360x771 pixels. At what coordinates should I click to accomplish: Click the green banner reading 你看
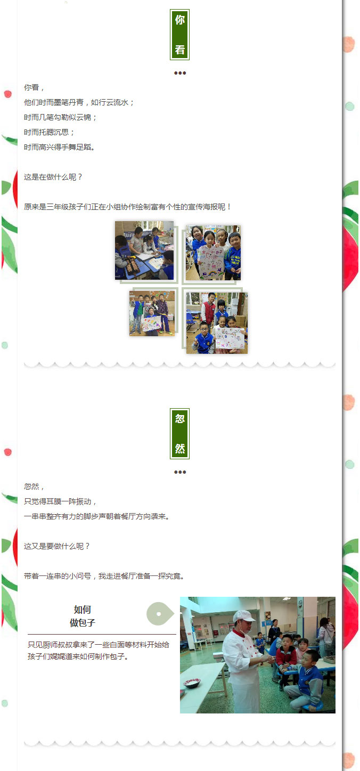(179, 35)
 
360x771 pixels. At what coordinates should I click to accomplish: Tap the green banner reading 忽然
(179, 434)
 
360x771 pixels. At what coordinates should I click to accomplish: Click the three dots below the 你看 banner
(180, 73)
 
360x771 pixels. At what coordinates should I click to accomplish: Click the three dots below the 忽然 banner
(180, 472)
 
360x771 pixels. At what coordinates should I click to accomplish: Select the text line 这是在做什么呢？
(53, 177)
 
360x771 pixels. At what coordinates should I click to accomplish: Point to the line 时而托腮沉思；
(49, 132)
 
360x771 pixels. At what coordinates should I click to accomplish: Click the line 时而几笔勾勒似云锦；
(61, 117)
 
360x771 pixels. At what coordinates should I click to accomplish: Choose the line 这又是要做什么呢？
(57, 546)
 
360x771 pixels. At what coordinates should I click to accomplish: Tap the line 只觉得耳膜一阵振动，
(61, 501)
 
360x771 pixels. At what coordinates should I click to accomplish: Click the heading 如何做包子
(82, 616)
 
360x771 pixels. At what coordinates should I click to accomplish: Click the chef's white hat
(244, 615)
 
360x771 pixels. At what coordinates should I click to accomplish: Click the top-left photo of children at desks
(144, 250)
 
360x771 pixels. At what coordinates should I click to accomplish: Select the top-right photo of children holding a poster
(214, 253)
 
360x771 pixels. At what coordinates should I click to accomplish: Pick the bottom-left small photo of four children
(152, 313)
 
